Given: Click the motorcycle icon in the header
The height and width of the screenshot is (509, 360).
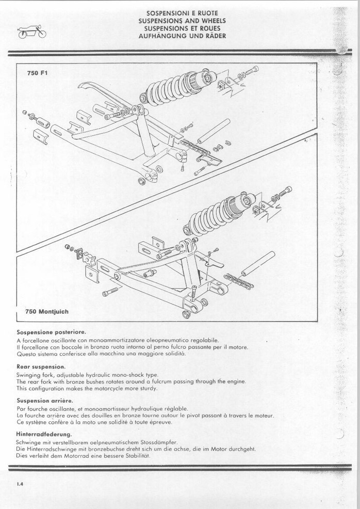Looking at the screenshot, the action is point(32,32).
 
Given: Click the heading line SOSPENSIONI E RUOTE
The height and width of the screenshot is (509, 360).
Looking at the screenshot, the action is point(182,13).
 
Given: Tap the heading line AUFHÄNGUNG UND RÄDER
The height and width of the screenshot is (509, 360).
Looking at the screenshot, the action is point(182,36).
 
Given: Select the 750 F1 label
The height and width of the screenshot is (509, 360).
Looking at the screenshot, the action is point(37,73).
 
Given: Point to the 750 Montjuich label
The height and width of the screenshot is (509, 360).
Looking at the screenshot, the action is point(47,312).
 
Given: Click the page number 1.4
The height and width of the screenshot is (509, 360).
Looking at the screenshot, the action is point(20,484).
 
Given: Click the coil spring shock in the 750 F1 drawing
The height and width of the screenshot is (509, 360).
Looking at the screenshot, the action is point(176,86).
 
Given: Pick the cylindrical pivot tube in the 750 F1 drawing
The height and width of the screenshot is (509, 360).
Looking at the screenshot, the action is point(213,131).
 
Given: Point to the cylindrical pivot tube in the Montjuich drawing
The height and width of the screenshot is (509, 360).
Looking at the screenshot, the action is point(258,263).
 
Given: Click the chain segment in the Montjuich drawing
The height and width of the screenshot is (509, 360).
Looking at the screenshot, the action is point(239,281).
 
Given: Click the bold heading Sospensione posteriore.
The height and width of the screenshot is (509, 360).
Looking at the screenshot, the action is point(51,332).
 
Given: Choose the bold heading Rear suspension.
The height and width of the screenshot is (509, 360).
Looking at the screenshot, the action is point(41,367).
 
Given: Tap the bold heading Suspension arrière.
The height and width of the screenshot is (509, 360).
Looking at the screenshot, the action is point(45,401).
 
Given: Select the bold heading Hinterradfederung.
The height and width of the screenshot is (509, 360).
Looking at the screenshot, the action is point(44,434).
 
